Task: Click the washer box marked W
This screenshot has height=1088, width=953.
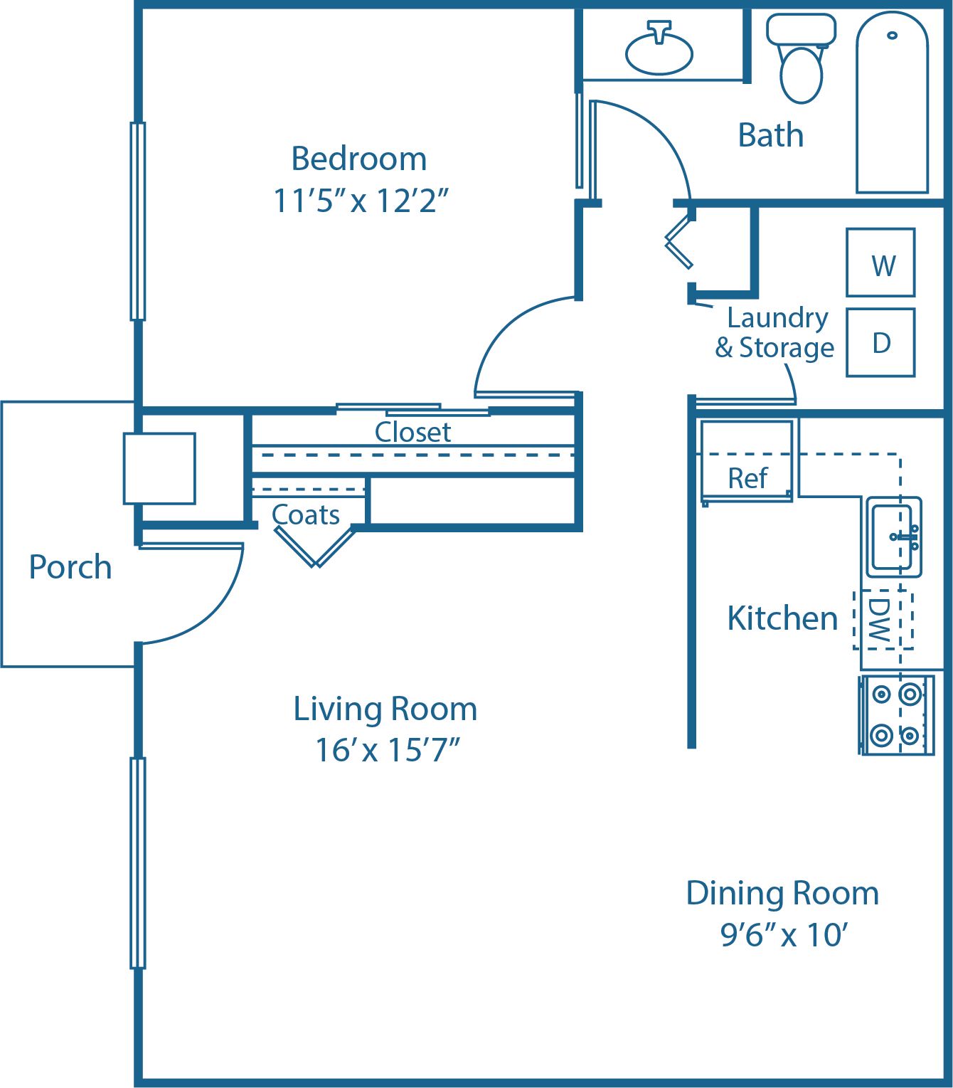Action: [x=880, y=263]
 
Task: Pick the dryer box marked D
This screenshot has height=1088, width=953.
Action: [x=880, y=343]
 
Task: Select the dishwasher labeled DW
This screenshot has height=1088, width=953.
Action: [x=883, y=620]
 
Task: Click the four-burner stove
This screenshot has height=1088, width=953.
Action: [x=896, y=714]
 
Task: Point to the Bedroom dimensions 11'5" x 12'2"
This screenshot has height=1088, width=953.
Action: [x=361, y=201]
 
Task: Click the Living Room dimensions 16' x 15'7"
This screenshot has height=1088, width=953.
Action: [x=387, y=750]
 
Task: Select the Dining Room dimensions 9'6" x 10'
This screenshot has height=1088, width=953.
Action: [x=784, y=935]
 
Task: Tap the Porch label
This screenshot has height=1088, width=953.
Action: [x=70, y=567]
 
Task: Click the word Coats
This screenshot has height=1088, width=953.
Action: [x=306, y=514]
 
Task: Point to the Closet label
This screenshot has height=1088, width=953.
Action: [x=412, y=432]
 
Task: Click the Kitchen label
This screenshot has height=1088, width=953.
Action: [x=782, y=618]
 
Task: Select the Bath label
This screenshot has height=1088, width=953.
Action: [x=771, y=135]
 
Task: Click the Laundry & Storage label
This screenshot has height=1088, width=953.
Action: [x=775, y=333]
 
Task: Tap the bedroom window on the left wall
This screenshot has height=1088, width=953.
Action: [x=138, y=221]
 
